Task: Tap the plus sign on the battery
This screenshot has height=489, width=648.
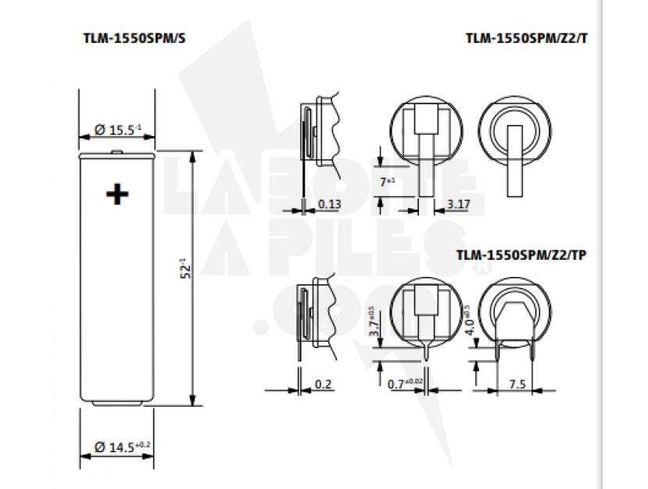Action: (117, 193)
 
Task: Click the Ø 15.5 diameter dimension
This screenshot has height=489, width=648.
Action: (117, 129)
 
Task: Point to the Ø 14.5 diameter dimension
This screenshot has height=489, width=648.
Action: (120, 448)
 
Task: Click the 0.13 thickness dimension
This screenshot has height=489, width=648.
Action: (329, 205)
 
